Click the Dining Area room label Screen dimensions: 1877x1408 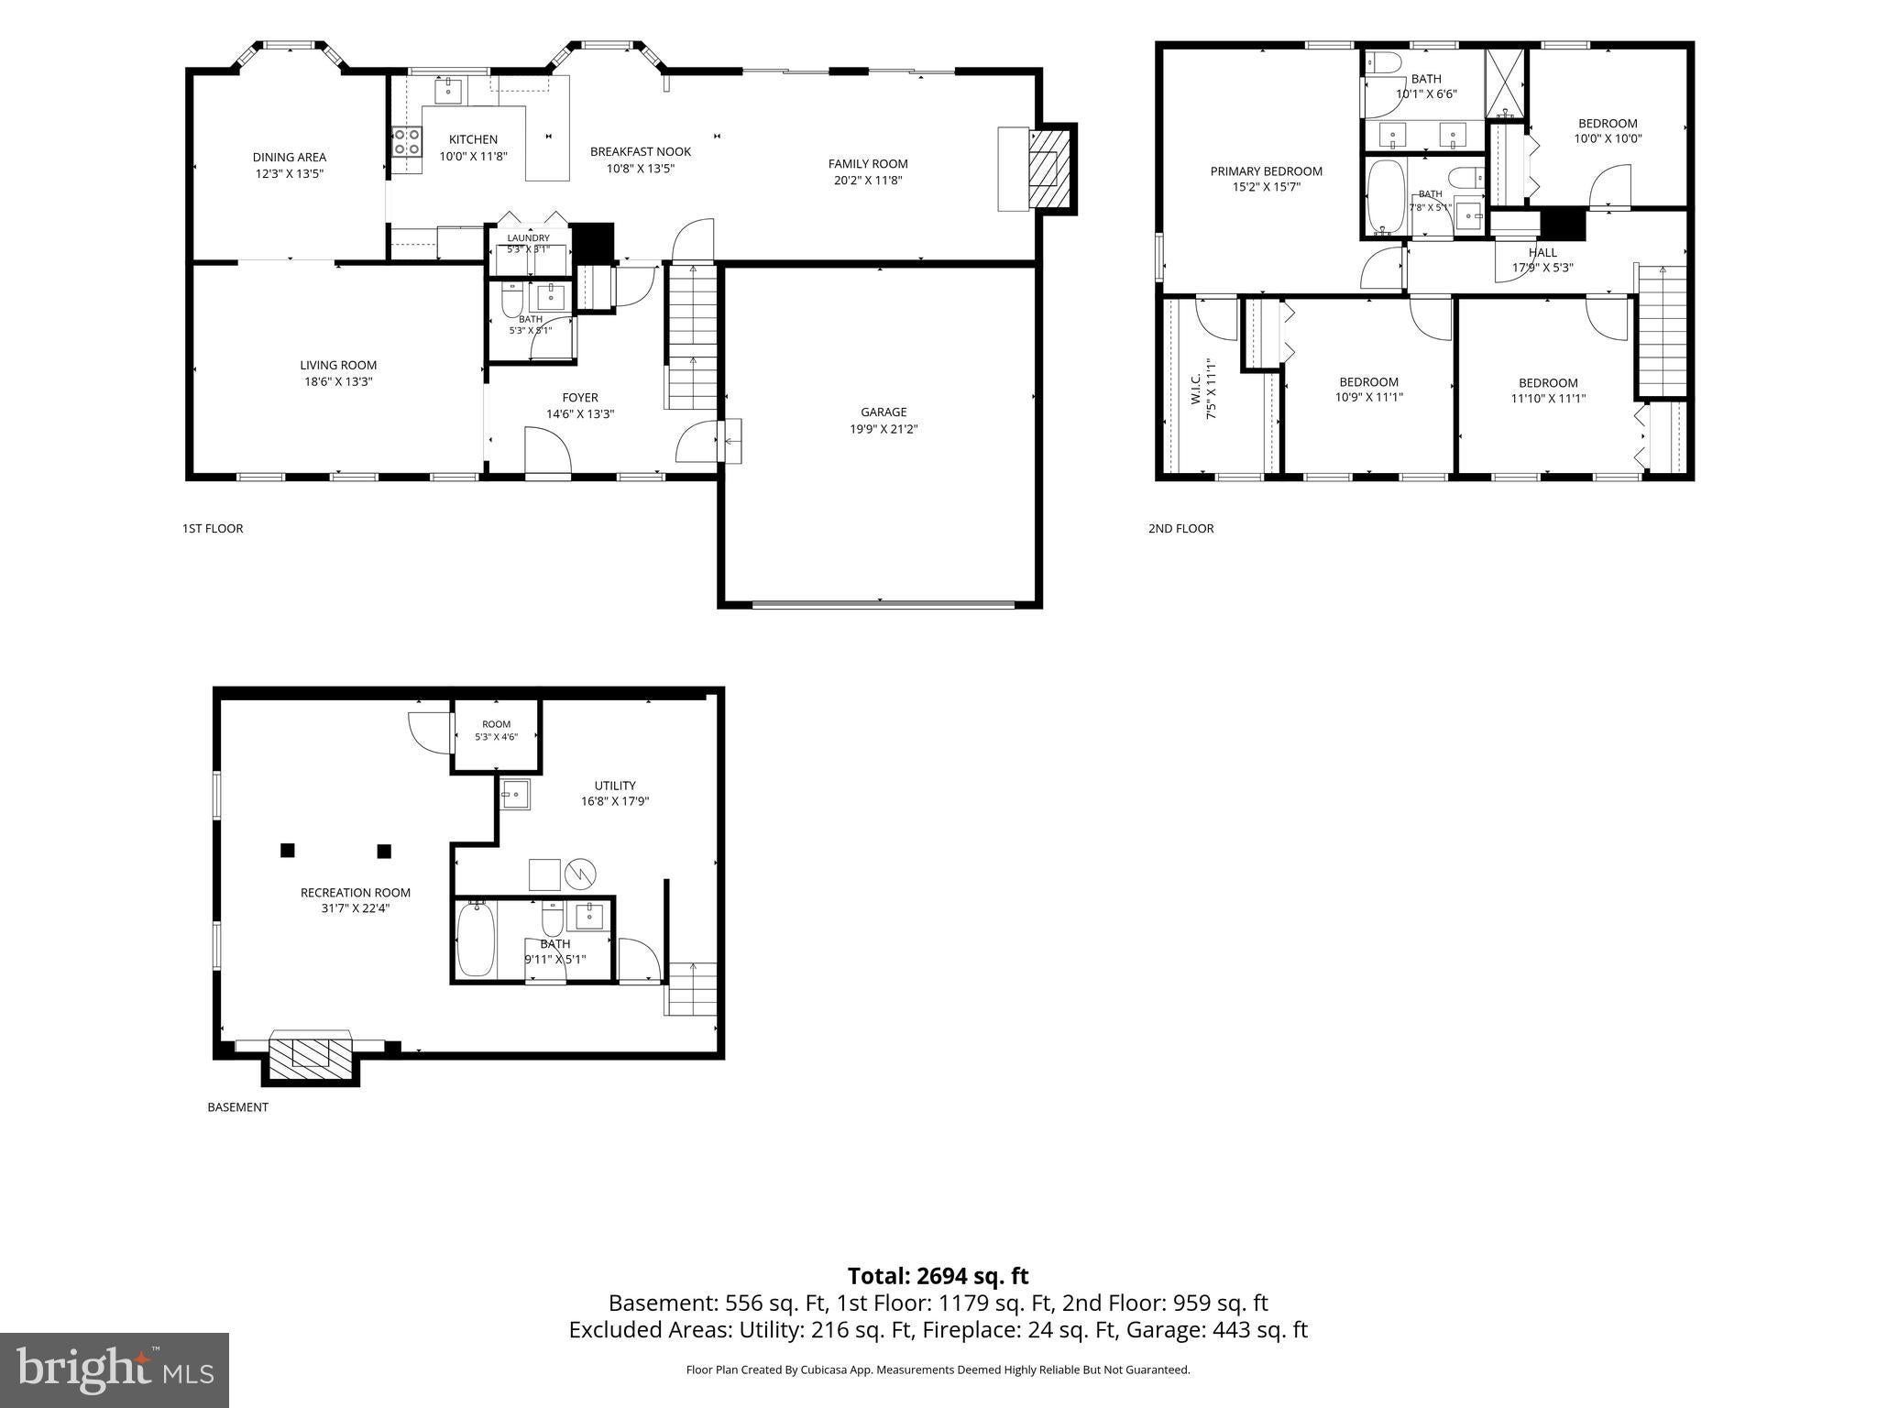[290, 157]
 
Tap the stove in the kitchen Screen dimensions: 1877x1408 [407, 141]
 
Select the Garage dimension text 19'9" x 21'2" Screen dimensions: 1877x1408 [884, 428]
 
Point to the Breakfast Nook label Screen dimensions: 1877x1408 [641, 151]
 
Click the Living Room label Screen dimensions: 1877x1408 [338, 365]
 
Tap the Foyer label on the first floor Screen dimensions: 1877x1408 [580, 397]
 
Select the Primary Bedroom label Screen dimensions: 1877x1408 [1267, 170]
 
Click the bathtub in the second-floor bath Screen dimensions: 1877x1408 [1385, 197]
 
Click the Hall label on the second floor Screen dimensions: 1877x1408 [1542, 252]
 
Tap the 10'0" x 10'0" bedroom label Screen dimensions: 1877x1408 [1608, 139]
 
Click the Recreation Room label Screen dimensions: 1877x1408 [356, 892]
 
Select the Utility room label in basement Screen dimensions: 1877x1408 [615, 785]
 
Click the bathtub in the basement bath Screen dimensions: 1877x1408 [476, 939]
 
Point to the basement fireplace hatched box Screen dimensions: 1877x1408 [312, 1057]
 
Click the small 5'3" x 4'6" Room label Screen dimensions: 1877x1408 [497, 724]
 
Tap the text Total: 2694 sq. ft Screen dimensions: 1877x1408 [938, 1276]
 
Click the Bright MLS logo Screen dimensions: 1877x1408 [115, 1369]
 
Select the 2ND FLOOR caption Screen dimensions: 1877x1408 [1180, 528]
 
